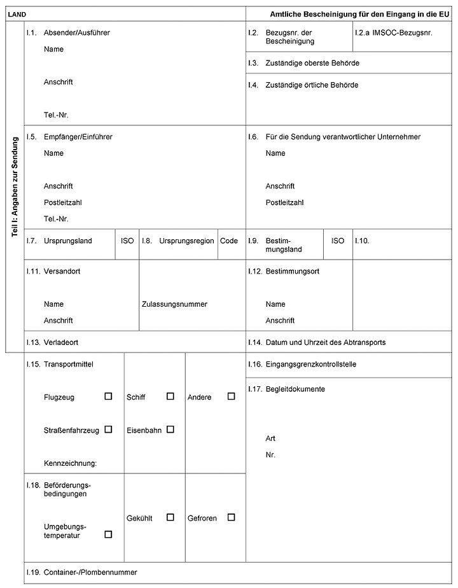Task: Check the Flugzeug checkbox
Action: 108,396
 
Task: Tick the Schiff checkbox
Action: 170,396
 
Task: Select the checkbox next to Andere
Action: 231,396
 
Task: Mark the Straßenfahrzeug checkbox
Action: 108,430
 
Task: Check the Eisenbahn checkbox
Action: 170,430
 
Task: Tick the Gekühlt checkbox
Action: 170,517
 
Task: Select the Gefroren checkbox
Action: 231,517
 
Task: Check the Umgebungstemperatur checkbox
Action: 108,535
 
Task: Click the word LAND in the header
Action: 17,13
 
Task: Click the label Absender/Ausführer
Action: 77,32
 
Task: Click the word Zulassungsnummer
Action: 175,304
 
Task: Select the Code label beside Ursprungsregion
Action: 229,241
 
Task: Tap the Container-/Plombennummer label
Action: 90,572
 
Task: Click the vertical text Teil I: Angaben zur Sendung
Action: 15,191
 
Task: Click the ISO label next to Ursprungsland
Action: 127,241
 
